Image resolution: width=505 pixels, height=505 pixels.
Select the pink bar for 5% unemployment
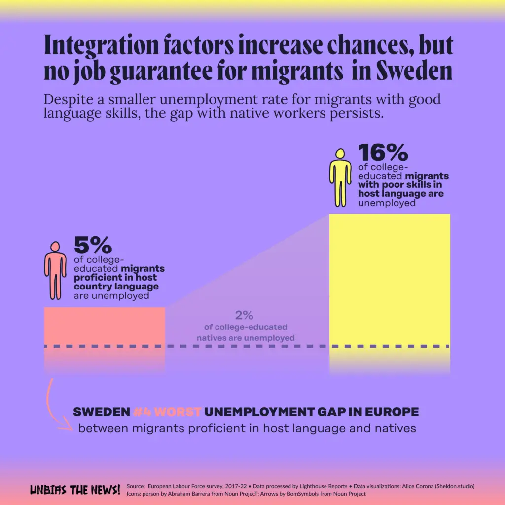(105, 325)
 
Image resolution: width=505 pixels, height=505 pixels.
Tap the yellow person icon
(340, 178)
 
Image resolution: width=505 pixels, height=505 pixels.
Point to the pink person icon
(55, 270)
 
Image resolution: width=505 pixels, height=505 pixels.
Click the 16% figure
(383, 152)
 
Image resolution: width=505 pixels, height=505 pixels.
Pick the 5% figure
(93, 245)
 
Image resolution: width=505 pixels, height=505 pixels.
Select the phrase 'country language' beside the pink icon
(116, 286)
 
